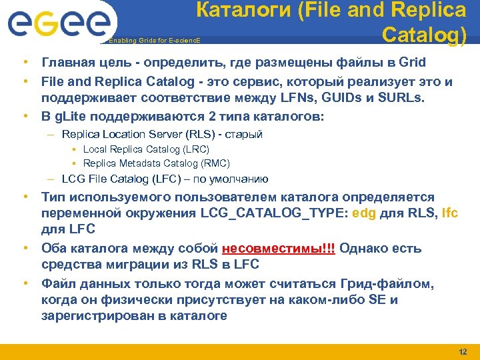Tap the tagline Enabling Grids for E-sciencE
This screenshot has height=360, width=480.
coord(154,41)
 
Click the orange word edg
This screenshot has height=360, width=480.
coord(364,213)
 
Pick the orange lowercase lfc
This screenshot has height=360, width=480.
coord(450,213)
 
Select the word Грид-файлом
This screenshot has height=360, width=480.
coord(388,284)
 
